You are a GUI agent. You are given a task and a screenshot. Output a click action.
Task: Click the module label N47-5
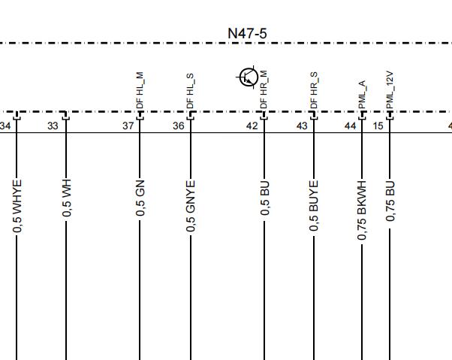247,34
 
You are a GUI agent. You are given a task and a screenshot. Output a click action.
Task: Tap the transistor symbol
248,77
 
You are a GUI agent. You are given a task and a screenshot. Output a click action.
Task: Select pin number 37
128,126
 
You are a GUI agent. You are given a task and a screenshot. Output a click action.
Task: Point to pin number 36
179,126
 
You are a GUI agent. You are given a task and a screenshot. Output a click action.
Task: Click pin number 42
252,126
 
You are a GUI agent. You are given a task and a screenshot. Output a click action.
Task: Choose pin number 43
302,126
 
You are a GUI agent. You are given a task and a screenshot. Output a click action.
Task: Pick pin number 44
350,126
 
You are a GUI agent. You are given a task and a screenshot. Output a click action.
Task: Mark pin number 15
378,126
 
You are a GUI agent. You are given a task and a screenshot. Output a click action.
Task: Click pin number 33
53,126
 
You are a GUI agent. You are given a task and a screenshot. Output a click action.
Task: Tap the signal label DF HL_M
140,90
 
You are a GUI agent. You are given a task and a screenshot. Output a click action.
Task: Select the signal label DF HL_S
190,91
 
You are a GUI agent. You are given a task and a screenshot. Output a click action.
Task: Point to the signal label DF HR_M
264,89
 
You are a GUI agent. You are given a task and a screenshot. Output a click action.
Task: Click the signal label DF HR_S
314,90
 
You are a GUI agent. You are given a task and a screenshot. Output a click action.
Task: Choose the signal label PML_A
363,95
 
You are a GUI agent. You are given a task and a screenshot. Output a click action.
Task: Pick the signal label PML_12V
390,90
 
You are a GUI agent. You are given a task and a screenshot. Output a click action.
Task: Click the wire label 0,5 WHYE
17,206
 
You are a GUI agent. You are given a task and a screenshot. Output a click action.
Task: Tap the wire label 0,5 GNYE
191,206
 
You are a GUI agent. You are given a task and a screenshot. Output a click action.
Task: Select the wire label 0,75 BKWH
362,210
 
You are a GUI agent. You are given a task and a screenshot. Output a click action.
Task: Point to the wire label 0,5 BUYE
314,206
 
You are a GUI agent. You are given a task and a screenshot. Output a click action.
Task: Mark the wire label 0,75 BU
390,201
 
